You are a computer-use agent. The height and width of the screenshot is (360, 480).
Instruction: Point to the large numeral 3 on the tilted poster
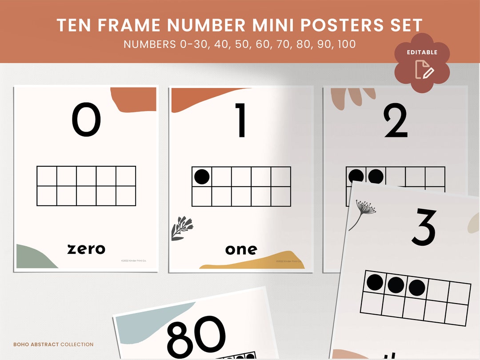click(424, 227)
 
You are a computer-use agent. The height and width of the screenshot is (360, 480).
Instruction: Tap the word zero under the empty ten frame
click(86, 249)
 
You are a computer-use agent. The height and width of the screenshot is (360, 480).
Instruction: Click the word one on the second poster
click(241, 250)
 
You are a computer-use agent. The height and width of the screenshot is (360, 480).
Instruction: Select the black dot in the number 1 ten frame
click(202, 177)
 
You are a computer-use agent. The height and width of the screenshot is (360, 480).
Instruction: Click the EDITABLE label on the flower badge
click(422, 52)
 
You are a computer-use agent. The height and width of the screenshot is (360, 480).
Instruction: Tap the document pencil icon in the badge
click(424, 70)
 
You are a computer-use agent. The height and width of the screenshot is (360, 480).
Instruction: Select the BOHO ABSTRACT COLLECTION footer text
click(53, 344)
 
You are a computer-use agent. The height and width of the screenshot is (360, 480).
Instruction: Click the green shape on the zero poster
click(33, 258)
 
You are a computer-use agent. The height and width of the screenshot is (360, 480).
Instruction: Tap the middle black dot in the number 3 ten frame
click(396, 285)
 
